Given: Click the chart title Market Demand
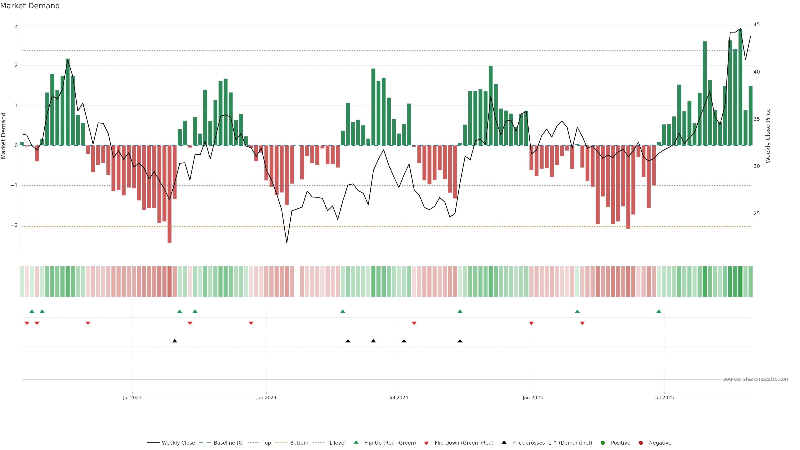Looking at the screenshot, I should (30, 6).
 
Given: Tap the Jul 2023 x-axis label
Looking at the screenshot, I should (132, 397).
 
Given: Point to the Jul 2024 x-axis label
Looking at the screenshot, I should (399, 397).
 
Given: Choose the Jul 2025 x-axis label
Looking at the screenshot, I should (664, 397).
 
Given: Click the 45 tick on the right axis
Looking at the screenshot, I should (756, 25).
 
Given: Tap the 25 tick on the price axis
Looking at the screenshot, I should (756, 213).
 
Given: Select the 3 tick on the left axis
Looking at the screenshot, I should (16, 26).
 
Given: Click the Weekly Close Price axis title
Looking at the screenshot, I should (768, 136).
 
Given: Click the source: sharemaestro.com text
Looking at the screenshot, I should (756, 379).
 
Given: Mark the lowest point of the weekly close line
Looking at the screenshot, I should (287, 242).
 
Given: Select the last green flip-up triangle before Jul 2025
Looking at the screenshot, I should (659, 311).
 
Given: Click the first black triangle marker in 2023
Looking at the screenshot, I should (175, 341).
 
